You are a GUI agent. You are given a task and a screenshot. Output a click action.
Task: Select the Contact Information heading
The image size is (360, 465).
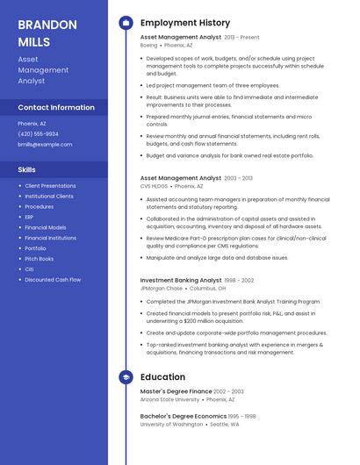[56, 107]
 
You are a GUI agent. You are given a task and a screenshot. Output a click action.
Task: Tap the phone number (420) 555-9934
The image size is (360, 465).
[39, 133]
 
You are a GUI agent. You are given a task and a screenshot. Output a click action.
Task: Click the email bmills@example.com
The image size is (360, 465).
[45, 144]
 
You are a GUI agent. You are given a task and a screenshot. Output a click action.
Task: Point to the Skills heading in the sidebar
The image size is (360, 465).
[26, 168]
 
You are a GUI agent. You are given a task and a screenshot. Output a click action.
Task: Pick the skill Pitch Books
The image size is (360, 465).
[39, 259]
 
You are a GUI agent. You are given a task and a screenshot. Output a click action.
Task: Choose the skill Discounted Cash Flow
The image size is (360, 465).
[53, 280]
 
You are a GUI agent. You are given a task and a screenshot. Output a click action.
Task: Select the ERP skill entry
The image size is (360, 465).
[29, 217]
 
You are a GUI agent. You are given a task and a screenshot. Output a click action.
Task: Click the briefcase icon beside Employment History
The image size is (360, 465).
[126, 23]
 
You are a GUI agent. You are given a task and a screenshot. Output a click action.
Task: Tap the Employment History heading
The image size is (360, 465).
[185, 23]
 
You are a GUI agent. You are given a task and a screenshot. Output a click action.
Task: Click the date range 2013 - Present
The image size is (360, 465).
[241, 38]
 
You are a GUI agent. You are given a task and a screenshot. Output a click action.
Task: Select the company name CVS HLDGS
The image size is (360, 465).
[154, 186]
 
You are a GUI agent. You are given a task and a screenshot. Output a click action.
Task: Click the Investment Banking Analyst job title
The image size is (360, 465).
[181, 281]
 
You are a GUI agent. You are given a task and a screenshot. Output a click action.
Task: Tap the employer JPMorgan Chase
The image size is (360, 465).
[162, 288]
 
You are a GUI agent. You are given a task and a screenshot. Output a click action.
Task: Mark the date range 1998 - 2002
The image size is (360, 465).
[239, 281]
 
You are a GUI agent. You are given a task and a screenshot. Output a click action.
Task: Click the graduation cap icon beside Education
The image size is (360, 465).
[126, 377]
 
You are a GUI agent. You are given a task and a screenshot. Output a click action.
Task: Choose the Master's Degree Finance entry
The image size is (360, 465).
[176, 391]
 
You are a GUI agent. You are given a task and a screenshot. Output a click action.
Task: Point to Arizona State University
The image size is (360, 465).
[170, 398]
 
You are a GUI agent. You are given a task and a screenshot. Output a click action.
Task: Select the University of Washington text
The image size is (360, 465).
[171, 424]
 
